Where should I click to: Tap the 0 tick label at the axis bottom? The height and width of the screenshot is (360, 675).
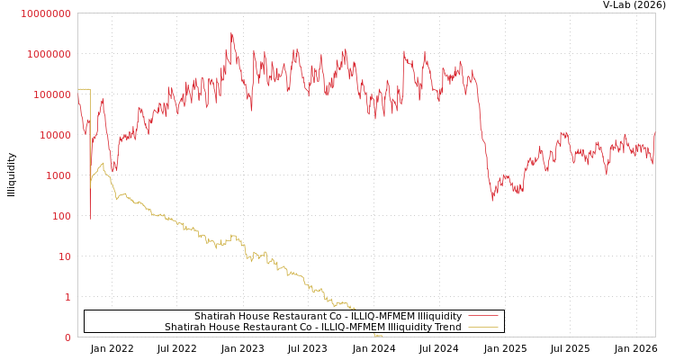pos(67,337)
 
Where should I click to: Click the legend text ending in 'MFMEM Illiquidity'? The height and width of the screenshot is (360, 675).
pos(328,316)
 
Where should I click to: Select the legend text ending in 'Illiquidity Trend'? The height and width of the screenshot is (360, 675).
pos(312,327)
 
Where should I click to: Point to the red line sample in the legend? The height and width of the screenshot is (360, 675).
pos(483,317)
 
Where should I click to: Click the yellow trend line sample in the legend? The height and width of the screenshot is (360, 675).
pos(483,328)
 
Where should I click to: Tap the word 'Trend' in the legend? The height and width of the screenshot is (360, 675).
pos(446,327)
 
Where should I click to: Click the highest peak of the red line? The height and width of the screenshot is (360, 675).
pos(231,33)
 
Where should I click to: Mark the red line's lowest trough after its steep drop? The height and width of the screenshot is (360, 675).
pos(492,200)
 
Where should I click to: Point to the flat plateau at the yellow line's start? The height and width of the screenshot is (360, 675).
pos(84,89)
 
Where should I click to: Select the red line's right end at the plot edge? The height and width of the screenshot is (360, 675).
pos(654,133)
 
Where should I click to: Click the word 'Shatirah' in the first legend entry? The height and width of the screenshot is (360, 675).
pos(213,316)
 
